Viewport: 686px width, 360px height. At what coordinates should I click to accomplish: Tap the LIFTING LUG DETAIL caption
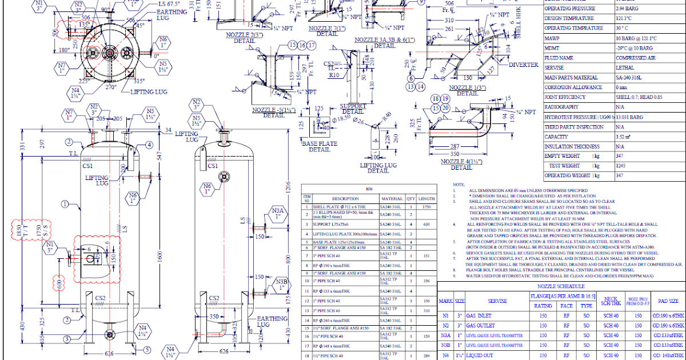tap(378, 167)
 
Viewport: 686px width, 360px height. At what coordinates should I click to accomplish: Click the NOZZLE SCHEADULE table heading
tap(560, 286)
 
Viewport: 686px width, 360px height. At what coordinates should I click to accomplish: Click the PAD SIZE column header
tap(668, 301)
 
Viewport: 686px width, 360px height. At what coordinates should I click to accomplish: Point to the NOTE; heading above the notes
tap(458, 185)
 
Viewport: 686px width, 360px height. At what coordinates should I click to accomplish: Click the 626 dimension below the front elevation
tap(109, 353)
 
